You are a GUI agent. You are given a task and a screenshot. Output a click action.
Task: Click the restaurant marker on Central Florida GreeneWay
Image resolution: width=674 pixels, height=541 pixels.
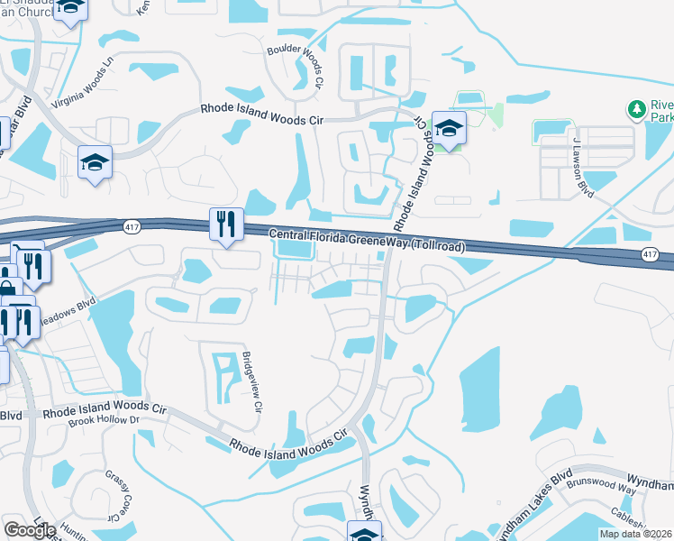[226, 225]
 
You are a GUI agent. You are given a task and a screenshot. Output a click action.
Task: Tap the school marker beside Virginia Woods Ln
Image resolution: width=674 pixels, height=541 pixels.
[95, 163]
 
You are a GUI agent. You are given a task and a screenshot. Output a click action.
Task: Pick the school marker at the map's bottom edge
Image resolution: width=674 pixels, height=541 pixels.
[364, 532]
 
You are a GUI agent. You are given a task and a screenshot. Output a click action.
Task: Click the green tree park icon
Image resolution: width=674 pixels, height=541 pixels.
[637, 110]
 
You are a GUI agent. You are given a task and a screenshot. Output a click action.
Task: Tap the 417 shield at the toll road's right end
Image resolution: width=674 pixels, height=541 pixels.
[649, 255]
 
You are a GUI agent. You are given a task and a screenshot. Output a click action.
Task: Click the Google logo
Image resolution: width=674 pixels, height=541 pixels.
[30, 529]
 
